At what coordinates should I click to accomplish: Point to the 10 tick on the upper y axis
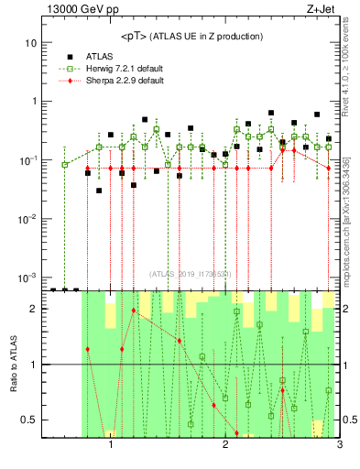(31, 43)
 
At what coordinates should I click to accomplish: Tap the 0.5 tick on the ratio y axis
(29, 420)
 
